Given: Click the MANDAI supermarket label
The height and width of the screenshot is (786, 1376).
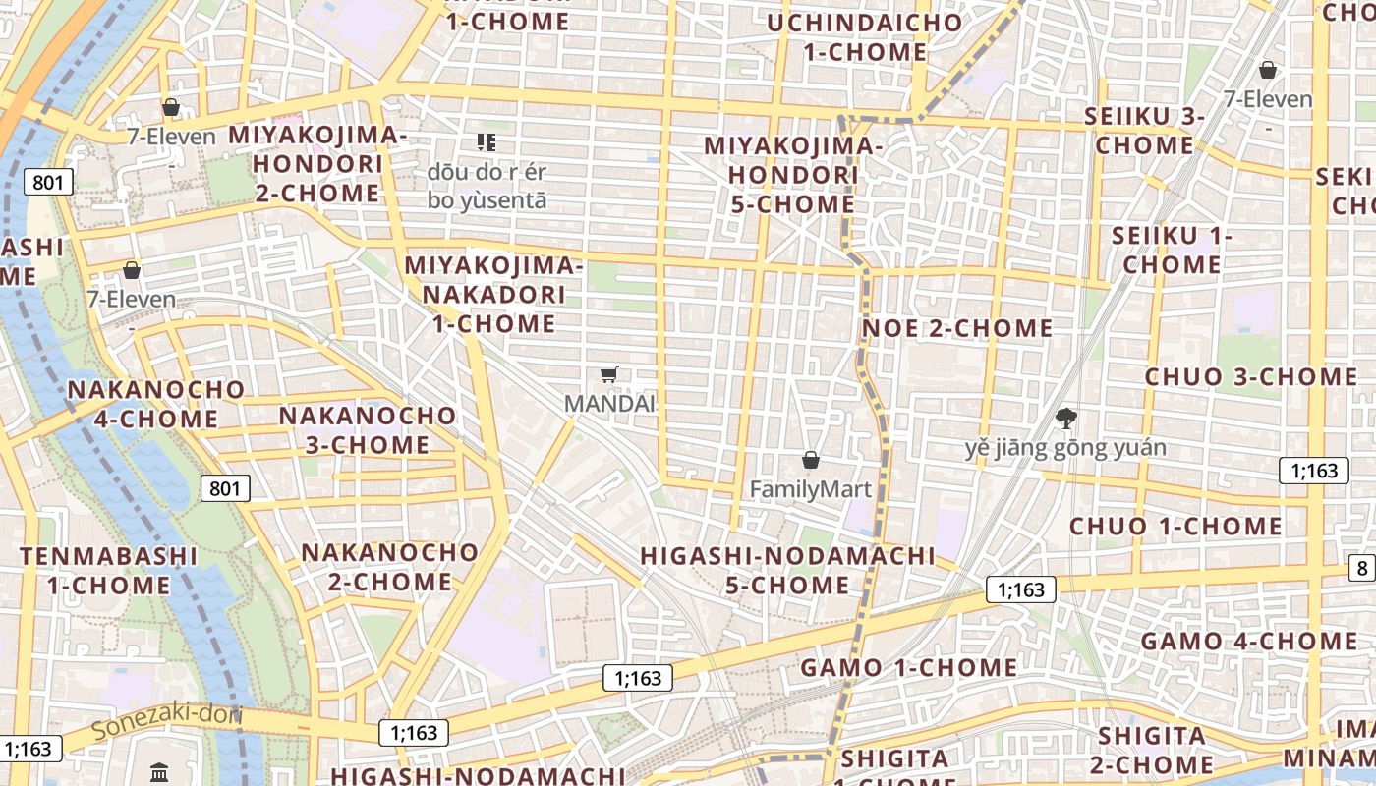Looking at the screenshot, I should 609,403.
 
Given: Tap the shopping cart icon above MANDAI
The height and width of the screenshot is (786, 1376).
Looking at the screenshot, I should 609,374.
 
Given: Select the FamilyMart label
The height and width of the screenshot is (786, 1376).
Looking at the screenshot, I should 811,488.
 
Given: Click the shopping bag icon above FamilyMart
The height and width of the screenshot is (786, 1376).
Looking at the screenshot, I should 811,460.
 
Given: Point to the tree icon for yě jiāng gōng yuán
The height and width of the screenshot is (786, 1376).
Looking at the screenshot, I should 1065,419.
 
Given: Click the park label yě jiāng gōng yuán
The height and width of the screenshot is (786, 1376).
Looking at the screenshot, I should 1065,449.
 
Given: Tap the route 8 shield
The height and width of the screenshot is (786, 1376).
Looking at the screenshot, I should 1362,567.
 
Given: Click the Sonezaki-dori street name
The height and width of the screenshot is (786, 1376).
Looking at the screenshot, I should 167,723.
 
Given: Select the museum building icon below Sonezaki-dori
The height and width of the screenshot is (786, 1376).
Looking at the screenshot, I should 160,772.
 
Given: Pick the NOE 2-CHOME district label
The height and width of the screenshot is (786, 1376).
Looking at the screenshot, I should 957,328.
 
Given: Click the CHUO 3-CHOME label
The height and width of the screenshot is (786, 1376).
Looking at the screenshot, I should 1251,377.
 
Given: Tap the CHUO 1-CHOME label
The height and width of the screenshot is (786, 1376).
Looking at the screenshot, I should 1175,527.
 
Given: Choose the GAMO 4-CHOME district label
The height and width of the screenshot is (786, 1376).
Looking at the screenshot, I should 1249,642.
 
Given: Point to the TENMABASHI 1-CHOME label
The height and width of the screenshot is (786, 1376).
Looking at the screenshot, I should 109,571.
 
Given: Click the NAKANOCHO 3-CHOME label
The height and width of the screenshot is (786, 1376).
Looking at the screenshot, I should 368,429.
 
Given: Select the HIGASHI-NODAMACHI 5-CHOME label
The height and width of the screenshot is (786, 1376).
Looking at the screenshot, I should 787,570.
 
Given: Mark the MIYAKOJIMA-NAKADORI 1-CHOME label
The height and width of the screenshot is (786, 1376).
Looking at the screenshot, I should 493,294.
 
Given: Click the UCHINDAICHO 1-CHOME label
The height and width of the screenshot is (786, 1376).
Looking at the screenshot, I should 865,37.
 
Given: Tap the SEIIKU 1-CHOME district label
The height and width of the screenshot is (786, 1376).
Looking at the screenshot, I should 1172,251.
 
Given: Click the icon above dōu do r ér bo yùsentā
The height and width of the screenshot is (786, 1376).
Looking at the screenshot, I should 486,142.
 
